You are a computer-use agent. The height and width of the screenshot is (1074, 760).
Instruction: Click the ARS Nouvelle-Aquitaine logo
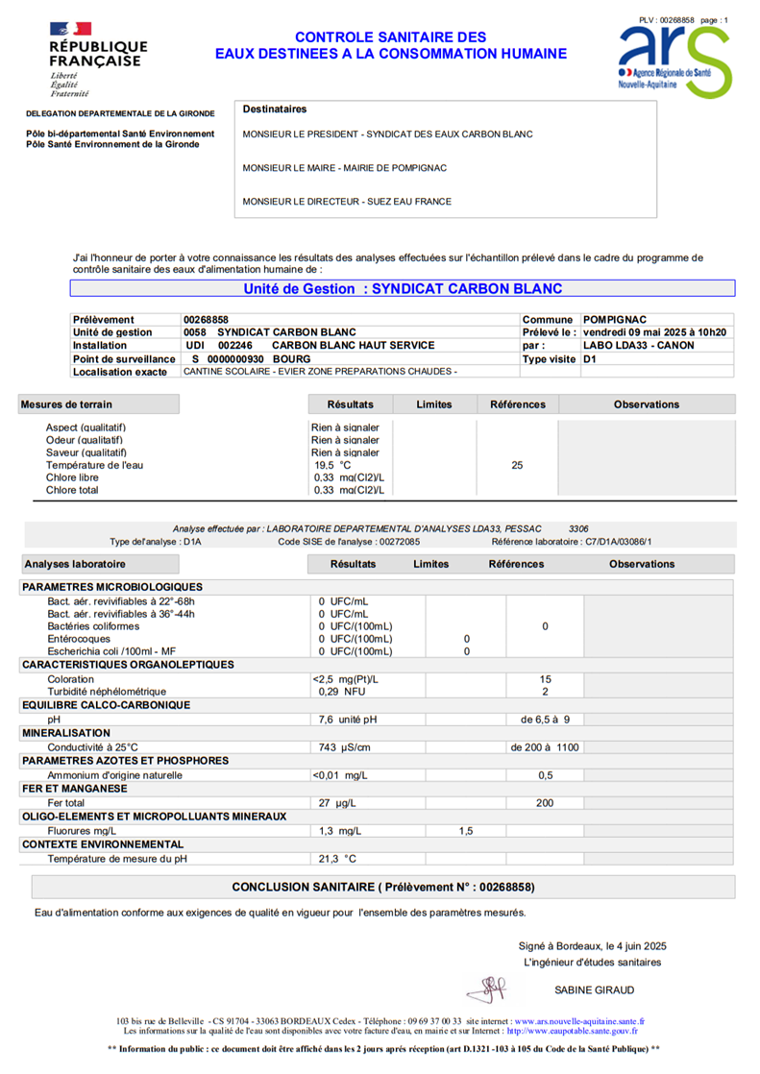click(674, 60)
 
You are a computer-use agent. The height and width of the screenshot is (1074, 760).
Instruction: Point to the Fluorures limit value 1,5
click(466, 830)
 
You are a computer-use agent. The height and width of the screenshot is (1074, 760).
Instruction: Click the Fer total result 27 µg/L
click(331, 802)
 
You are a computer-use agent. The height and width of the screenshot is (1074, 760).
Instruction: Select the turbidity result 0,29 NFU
click(342, 691)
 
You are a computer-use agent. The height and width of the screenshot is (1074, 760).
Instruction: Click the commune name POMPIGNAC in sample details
click(614, 319)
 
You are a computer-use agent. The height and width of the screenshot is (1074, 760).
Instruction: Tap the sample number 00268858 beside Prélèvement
click(207, 319)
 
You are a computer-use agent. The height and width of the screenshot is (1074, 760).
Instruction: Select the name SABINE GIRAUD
click(594, 989)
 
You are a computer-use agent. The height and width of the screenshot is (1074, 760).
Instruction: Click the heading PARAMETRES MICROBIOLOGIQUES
click(111, 586)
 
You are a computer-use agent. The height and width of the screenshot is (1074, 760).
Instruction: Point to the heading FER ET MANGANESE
click(74, 788)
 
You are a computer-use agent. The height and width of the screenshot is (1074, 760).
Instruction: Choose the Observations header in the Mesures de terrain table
click(646, 404)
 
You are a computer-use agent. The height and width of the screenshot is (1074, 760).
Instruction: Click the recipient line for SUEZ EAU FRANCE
click(347, 202)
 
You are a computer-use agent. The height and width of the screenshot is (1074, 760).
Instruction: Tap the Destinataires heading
click(274, 110)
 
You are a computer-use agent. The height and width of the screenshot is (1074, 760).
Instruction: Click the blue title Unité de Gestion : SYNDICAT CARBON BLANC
click(403, 288)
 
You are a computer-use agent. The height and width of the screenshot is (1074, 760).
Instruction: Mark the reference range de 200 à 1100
click(545, 746)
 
